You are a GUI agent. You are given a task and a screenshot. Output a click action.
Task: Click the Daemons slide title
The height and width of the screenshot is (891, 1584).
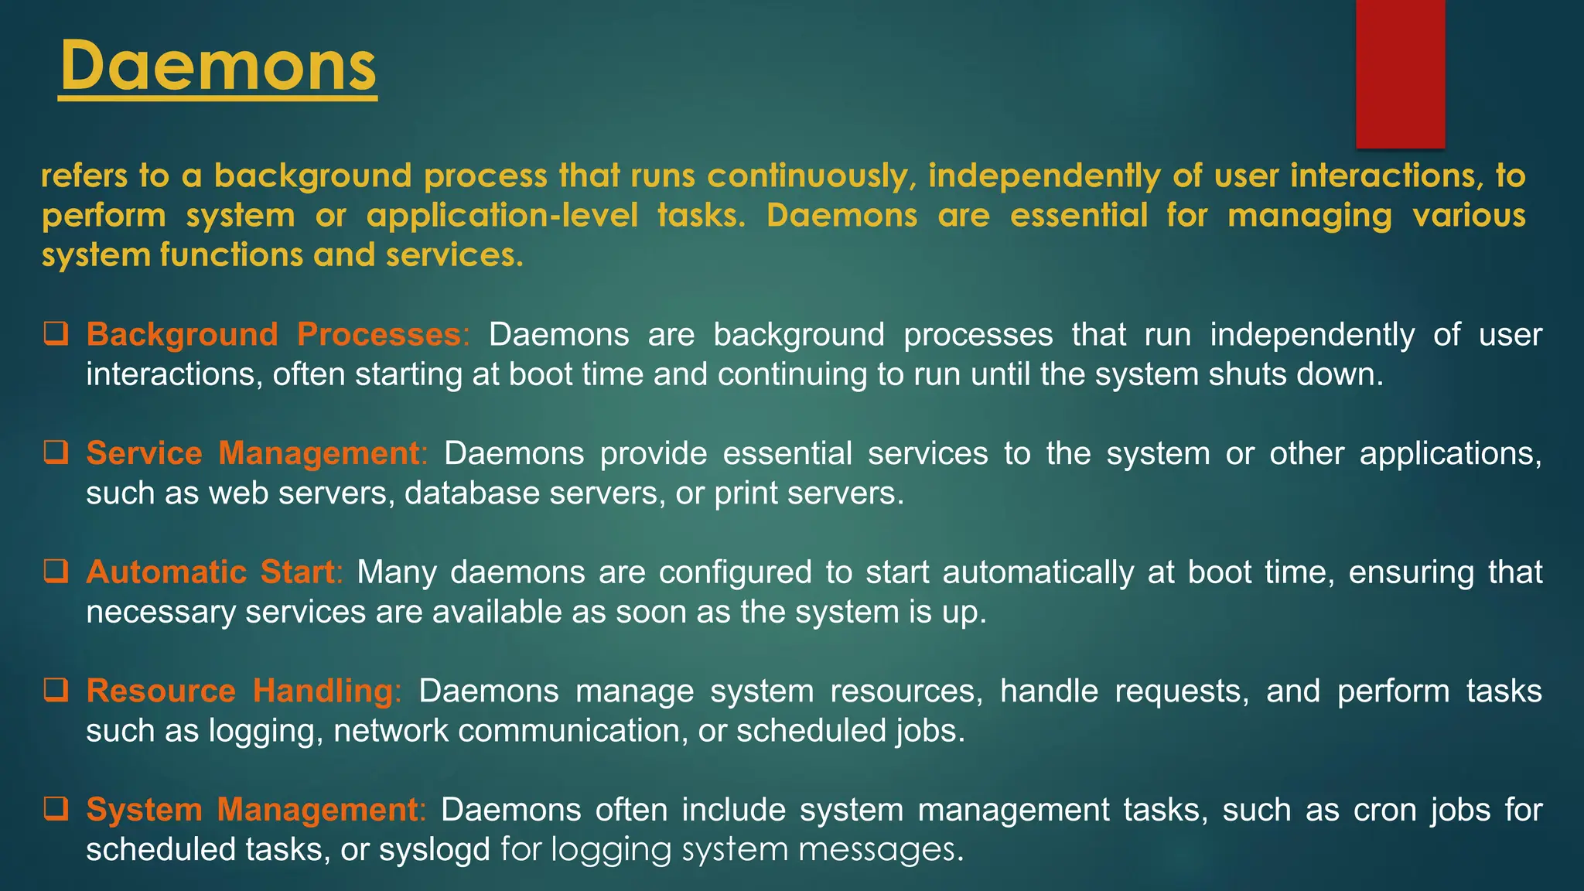pyautogui.click(x=218, y=67)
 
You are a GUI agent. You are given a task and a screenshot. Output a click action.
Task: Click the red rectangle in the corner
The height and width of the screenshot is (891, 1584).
pyautogui.click(x=1400, y=73)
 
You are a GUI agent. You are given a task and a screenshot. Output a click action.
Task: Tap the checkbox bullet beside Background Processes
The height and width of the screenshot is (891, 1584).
pyautogui.click(x=56, y=334)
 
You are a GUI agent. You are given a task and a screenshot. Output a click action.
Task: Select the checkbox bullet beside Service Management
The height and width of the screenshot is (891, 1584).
pyautogui.click(x=56, y=452)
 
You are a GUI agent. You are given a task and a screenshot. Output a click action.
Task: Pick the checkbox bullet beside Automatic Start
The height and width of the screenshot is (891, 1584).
pyautogui.click(x=56, y=572)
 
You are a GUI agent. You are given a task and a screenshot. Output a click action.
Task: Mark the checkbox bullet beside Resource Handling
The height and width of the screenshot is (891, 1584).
pyautogui.click(x=56, y=690)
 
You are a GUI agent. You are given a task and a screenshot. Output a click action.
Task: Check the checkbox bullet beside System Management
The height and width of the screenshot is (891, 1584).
pyautogui.click(x=56, y=809)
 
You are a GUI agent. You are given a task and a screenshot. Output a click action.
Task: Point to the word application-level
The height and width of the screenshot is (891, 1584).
pyautogui.click(x=502, y=216)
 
